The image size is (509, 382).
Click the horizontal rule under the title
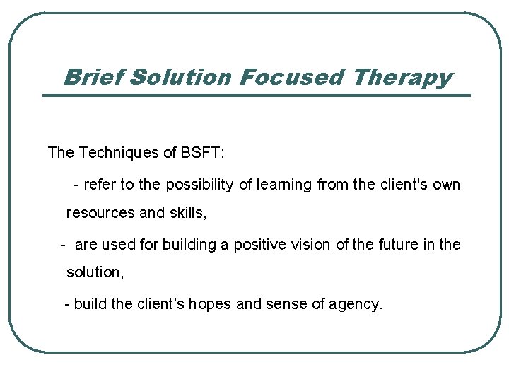[256, 95]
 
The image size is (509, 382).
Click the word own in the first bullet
[446, 185]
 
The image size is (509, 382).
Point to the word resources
[99, 213]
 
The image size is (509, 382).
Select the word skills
[187, 213]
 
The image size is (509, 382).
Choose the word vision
[315, 245]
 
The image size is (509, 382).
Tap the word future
[398, 245]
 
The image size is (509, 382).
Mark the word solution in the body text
[94, 272]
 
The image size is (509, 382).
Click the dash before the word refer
[76, 185]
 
